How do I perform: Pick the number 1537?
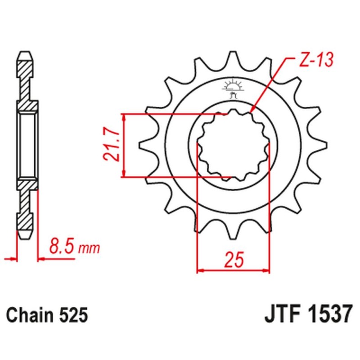pos(326,314)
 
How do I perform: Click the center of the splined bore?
pos(234,145)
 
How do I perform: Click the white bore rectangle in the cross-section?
pos(27,145)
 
